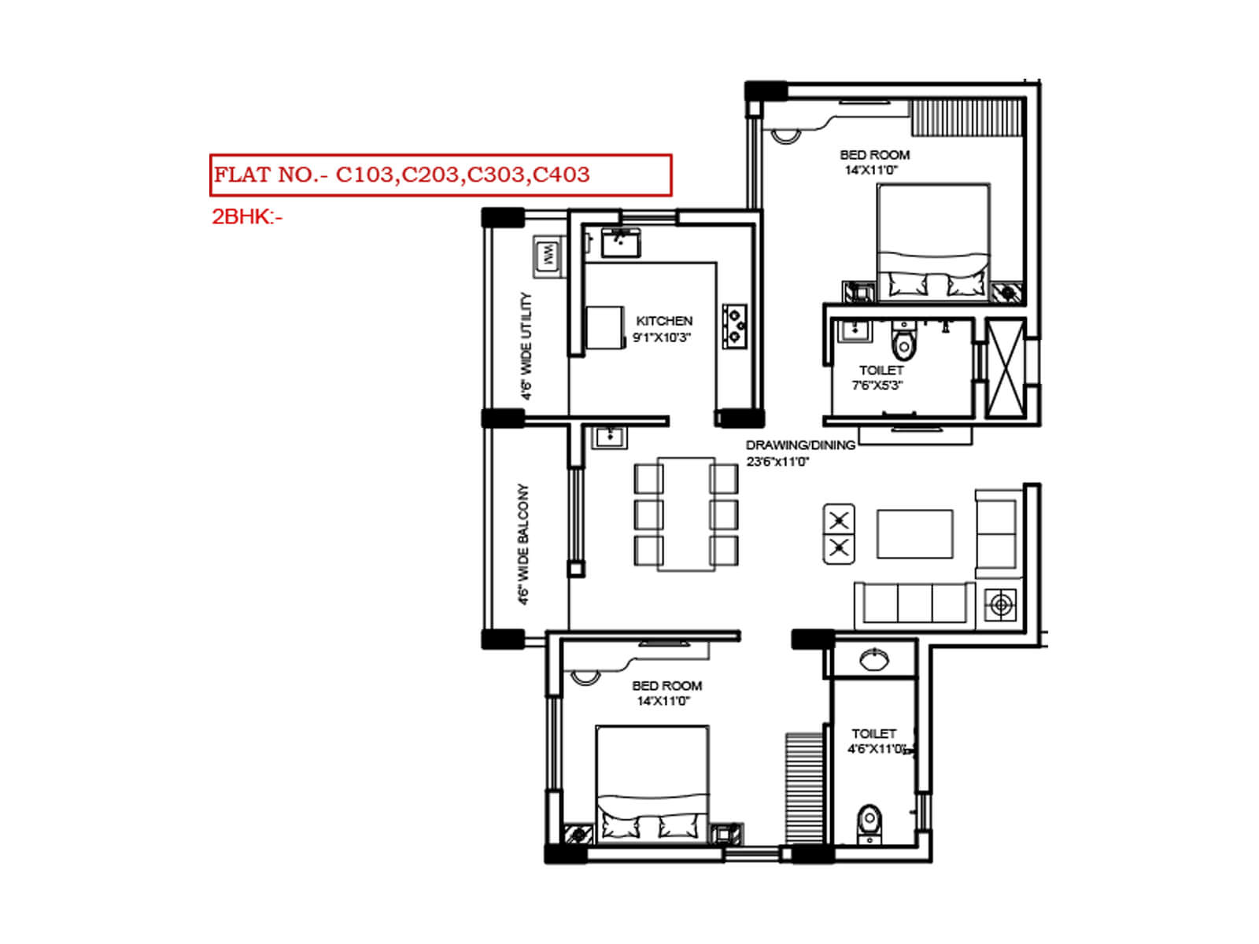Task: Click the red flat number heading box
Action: [x=441, y=175]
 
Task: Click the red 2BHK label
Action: [x=246, y=217]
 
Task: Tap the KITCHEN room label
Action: [x=664, y=321]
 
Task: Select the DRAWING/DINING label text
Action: [x=800, y=445]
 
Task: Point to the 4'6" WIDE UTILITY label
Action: [x=526, y=346]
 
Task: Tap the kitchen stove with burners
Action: [x=735, y=326]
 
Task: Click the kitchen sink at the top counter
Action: [x=620, y=243]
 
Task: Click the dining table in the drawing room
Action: [x=685, y=514]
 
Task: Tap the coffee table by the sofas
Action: [x=914, y=534]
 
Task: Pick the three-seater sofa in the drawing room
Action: [x=914, y=604]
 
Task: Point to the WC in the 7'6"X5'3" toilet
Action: [x=903, y=343]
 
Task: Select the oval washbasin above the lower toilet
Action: [x=874, y=659]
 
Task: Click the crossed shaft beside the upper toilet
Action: [x=1006, y=367]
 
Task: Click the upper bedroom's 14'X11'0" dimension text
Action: [x=871, y=170]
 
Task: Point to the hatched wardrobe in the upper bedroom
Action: [x=967, y=118]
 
